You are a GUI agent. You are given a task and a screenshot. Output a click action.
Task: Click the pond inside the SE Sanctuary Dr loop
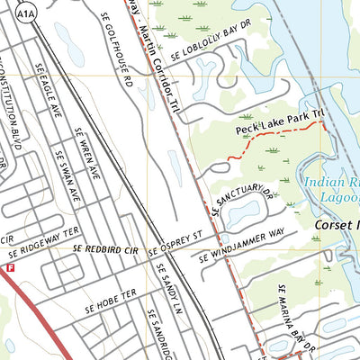[243, 213]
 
